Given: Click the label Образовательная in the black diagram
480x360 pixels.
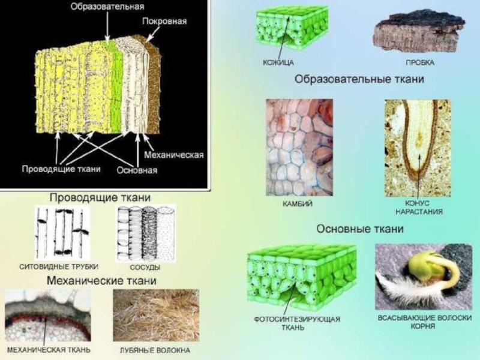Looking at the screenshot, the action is [x=107, y=7].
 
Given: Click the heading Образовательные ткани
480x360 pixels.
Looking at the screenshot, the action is [x=359, y=79].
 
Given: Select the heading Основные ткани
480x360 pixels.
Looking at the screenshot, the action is [x=360, y=229].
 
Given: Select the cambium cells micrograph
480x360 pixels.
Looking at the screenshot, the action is [x=298, y=147].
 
